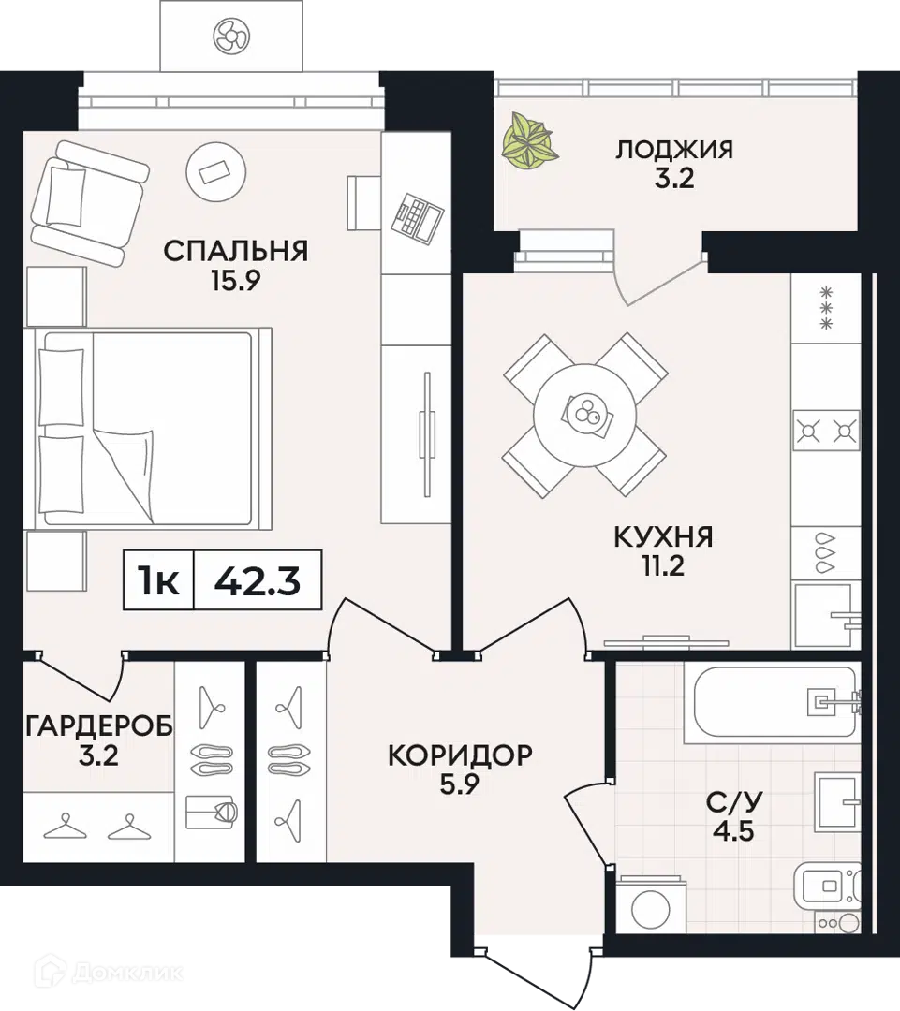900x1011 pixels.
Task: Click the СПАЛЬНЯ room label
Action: (x=236, y=251)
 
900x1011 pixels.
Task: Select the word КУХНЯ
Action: (x=663, y=537)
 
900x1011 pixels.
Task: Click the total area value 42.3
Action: (x=257, y=582)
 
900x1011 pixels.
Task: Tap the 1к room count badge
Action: (x=159, y=582)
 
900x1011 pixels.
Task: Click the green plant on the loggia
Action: (x=530, y=140)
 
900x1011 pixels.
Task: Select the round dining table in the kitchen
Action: (x=585, y=413)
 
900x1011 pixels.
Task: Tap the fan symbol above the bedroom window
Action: (x=230, y=37)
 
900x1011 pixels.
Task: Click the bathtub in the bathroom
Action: (x=770, y=701)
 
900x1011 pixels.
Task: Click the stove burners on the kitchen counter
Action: (x=826, y=432)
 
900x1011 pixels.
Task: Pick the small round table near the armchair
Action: (x=218, y=170)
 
